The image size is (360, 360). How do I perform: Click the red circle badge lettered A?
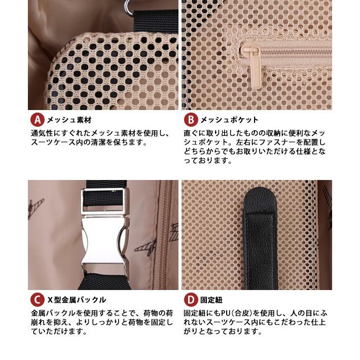pyautogui.click(x=38, y=120)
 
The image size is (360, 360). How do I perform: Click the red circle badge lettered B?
pyautogui.click(x=191, y=120)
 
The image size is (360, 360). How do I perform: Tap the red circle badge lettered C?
pyautogui.click(x=38, y=300)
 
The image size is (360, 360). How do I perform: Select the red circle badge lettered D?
pyautogui.click(x=191, y=300)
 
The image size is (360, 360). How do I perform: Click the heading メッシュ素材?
pyautogui.click(x=69, y=120)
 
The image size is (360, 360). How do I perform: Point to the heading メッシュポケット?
pyautogui.click(x=229, y=120)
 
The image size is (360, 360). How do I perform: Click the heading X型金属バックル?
pyautogui.click(x=77, y=300)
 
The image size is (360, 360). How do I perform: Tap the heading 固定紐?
pyautogui.click(x=211, y=300)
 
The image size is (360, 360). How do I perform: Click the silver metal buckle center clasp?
pyautogui.click(x=104, y=240)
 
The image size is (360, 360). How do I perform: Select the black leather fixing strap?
pyautogui.click(x=260, y=239)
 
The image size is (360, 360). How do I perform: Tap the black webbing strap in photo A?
pyautogui.click(x=156, y=21)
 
